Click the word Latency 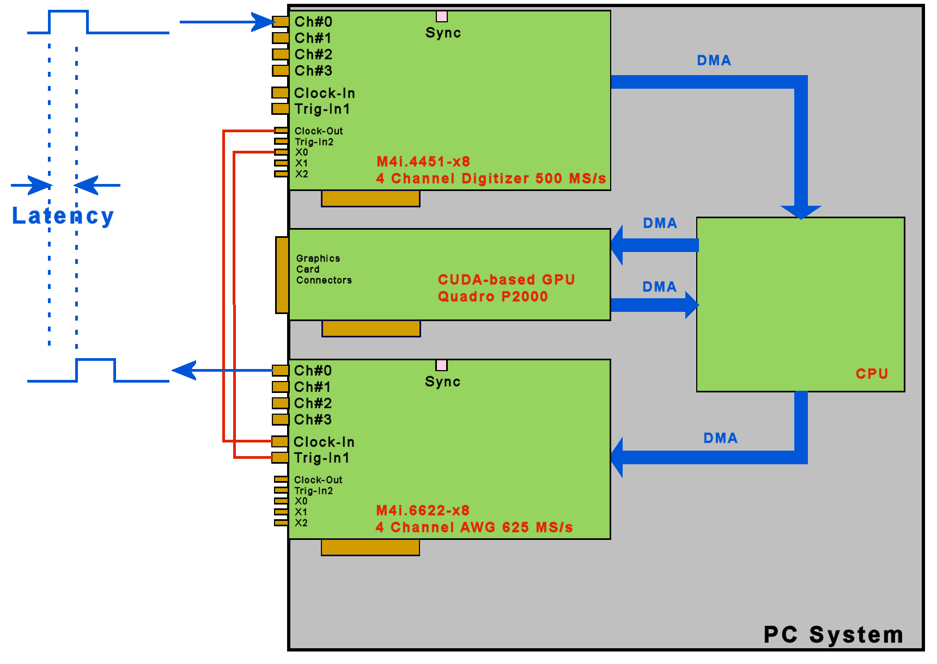[x=63, y=216]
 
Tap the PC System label [x=833, y=635]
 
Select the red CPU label [x=872, y=374]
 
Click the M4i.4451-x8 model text [x=423, y=162]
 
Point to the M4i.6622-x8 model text [x=423, y=511]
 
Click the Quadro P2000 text [x=493, y=297]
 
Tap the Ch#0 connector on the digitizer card [x=281, y=22]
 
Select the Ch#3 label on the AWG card [x=313, y=420]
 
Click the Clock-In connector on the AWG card [x=280, y=441]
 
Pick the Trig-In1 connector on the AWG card [x=280, y=458]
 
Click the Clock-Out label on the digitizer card [x=319, y=131]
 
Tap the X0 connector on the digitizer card [x=281, y=152]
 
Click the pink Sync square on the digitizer [x=442, y=17]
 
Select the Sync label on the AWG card [x=442, y=382]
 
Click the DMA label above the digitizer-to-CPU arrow [x=714, y=60]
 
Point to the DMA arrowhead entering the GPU [x=618, y=245]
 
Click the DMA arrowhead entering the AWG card [x=618, y=457]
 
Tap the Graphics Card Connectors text [x=324, y=269]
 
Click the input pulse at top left [x=68, y=22]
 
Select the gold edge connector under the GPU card [x=371, y=329]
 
